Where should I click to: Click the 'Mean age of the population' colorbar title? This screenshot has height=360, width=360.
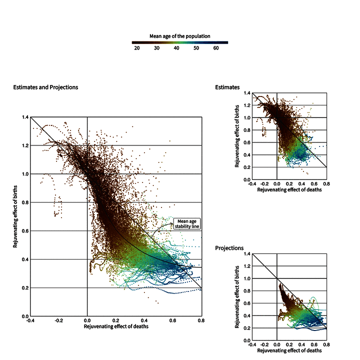coord(180,36)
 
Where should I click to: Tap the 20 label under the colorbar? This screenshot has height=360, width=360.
coord(137,48)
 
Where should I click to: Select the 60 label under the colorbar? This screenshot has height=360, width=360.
coord(216,48)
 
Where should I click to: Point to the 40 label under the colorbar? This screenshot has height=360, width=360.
coord(176,48)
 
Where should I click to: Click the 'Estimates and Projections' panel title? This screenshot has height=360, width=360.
coord(45,87)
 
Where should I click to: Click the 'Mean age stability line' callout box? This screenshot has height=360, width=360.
coord(187,223)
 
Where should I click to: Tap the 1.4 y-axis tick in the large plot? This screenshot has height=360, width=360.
coord(25,117)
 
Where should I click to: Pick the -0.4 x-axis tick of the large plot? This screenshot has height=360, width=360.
coord(30,320)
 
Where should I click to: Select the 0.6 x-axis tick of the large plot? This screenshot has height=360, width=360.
coord(172,320)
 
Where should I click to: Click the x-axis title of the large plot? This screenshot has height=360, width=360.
coord(116,326)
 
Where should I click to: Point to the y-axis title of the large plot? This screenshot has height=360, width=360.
coord(15,216)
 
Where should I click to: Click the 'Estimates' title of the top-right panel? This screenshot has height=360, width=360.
coord(227,87)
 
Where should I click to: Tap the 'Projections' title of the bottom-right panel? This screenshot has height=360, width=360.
coord(229,248)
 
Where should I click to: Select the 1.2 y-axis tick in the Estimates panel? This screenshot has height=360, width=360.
coord(247,105)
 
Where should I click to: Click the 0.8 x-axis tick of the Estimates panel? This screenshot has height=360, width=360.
coord(326,184)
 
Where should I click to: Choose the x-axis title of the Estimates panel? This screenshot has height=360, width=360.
coord(289,189)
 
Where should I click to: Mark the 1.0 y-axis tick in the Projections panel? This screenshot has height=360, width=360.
coord(247,278)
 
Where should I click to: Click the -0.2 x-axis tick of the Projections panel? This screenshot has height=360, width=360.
coord(264,344)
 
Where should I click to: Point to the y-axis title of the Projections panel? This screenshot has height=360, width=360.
coord(237,297)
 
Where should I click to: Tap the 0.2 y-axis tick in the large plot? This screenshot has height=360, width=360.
coord(25,288)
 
